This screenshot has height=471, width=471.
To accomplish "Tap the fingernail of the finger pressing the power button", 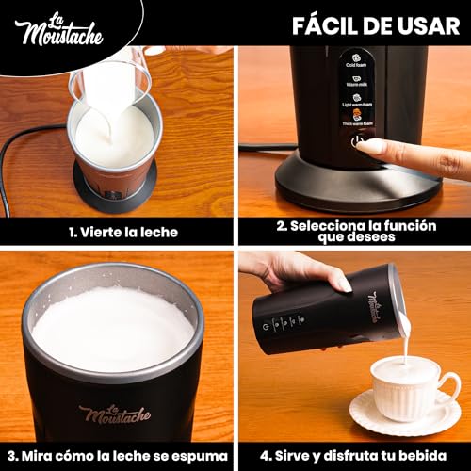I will coord(370,146).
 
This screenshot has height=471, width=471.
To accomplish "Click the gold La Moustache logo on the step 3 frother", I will coord(113,412).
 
